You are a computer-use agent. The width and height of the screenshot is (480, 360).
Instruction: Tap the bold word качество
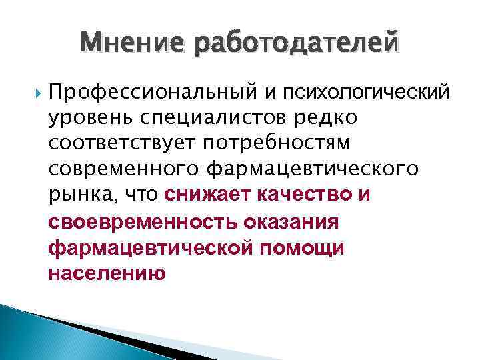[302, 195]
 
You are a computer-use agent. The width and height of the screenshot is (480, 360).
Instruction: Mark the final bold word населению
[107, 273]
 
